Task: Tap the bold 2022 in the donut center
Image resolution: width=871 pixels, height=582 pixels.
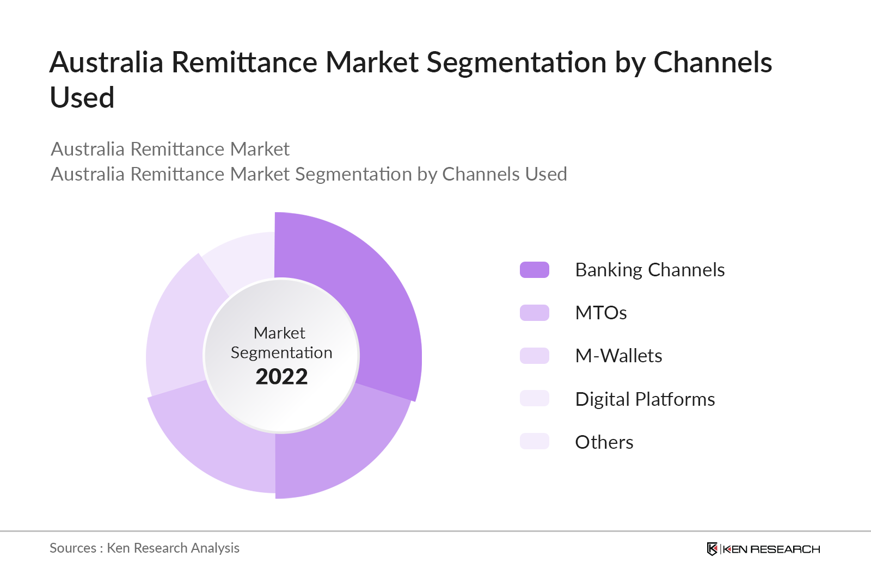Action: (281, 376)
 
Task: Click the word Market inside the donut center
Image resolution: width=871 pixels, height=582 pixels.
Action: (279, 332)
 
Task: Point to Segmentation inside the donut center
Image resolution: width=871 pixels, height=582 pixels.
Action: (281, 352)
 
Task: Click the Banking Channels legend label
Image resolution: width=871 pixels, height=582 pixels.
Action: (649, 270)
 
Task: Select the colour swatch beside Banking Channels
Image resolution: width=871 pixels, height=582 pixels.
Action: (534, 270)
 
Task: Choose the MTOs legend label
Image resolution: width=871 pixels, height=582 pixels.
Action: (600, 313)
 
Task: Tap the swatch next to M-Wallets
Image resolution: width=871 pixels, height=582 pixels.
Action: (534, 356)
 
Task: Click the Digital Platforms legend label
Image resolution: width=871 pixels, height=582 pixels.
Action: (645, 399)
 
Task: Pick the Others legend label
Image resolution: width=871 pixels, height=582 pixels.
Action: (604, 442)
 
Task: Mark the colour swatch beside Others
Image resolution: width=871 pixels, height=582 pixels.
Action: (534, 441)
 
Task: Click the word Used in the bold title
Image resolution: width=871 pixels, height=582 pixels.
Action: (82, 98)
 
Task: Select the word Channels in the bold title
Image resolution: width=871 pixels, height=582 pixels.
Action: (712, 62)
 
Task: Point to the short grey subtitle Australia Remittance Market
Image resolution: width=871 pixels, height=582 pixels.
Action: (170, 149)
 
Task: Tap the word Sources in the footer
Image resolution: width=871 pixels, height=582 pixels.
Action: (73, 548)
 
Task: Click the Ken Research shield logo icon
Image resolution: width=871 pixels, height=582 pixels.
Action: (711, 549)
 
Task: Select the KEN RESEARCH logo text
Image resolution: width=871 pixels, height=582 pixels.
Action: (771, 549)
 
